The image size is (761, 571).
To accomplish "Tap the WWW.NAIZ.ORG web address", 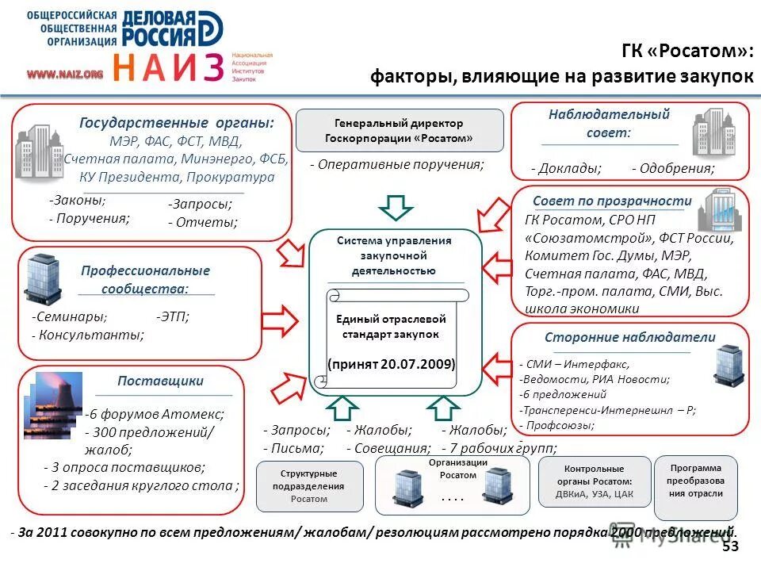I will pyautogui.click(x=66, y=74).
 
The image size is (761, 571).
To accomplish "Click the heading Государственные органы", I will pyautogui.click(x=177, y=123).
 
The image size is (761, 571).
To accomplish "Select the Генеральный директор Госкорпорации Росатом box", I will pyautogui.click(x=399, y=130).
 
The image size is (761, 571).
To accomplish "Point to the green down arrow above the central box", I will pyautogui.click(x=395, y=207).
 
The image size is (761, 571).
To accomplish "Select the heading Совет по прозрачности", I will pyautogui.click(x=612, y=201).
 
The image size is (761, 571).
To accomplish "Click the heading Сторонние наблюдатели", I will pyautogui.click(x=629, y=337).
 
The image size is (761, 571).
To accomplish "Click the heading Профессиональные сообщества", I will pyautogui.click(x=145, y=279).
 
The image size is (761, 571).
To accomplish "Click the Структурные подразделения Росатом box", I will pyautogui.click(x=308, y=486).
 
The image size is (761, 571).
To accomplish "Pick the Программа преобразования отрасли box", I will pyautogui.click(x=695, y=480).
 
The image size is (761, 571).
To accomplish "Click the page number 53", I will pyautogui.click(x=730, y=546).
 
